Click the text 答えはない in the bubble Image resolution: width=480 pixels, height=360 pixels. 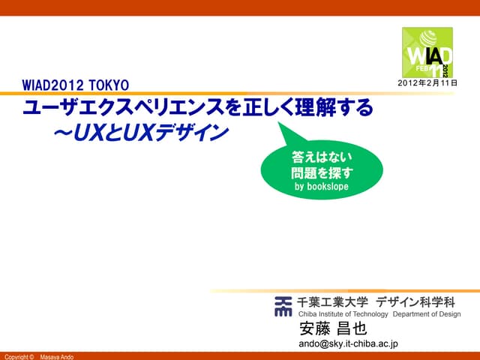(321, 157)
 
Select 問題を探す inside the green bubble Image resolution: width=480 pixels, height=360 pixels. (321, 172)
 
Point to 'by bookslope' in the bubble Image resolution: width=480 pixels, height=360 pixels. (321, 187)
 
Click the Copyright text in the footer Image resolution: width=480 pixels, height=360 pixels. (19, 356)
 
